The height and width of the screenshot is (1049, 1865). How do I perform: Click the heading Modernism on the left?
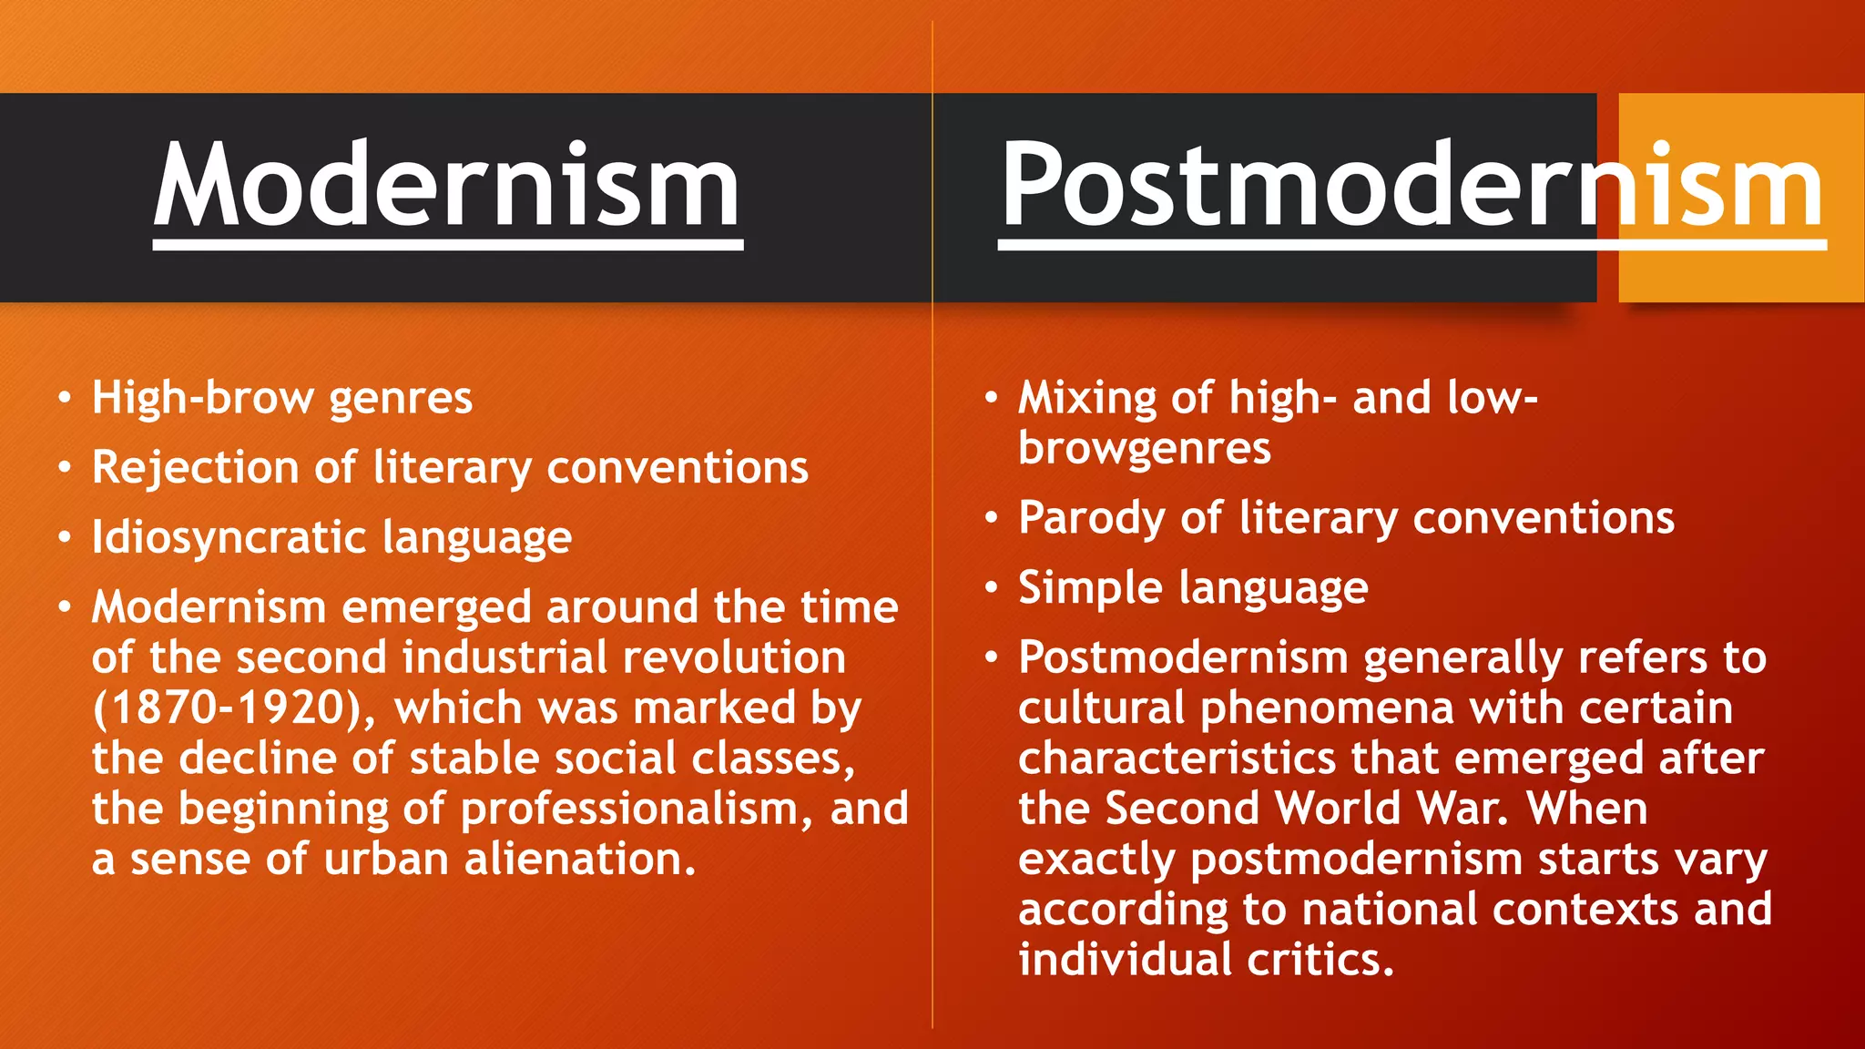pos(447,187)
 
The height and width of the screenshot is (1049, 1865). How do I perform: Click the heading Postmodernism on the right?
pos(1411,187)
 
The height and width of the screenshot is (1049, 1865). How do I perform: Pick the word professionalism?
pos(629,810)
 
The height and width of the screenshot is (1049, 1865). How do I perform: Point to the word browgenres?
pos(1144,448)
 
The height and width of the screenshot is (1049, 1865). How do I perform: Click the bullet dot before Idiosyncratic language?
pos(65,537)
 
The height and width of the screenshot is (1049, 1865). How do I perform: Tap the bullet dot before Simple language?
pos(992,587)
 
